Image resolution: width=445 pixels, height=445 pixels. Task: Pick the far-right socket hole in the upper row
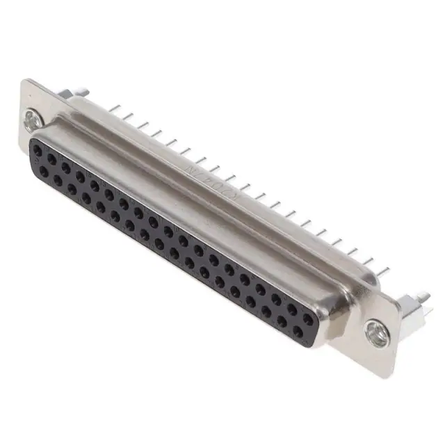pyautogui.click(x=307, y=318)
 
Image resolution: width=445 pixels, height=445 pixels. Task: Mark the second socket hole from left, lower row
pyautogui.click(x=58, y=179)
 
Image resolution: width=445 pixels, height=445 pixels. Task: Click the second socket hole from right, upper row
pyautogui.click(x=291, y=309)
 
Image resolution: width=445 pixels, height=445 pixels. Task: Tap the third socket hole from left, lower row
pyautogui.click(x=72, y=186)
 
